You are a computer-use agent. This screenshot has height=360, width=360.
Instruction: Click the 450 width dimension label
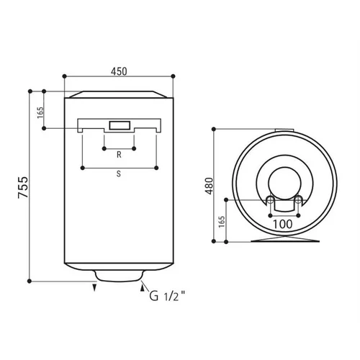tap(119, 71)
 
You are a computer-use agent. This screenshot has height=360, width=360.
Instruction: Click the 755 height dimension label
tap(23, 187)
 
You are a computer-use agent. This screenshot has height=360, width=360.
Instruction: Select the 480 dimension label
tap(209, 186)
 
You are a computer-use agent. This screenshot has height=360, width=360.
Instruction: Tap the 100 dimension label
tap(283, 225)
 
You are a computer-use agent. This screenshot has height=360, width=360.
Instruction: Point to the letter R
tap(119, 155)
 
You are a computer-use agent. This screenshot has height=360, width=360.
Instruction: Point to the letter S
tap(119, 174)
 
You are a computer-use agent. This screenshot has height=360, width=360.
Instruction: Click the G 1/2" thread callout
tap(167, 296)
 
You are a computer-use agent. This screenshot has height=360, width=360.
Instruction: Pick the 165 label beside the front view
tap(40, 112)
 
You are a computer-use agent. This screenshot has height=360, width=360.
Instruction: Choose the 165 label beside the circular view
tap(222, 222)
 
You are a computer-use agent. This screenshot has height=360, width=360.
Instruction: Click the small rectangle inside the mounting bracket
tap(120, 125)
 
